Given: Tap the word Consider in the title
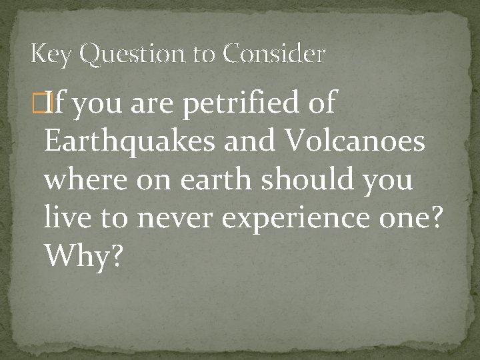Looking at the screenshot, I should pos(274,54).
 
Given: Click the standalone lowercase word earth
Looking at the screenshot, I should pos(216,180).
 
